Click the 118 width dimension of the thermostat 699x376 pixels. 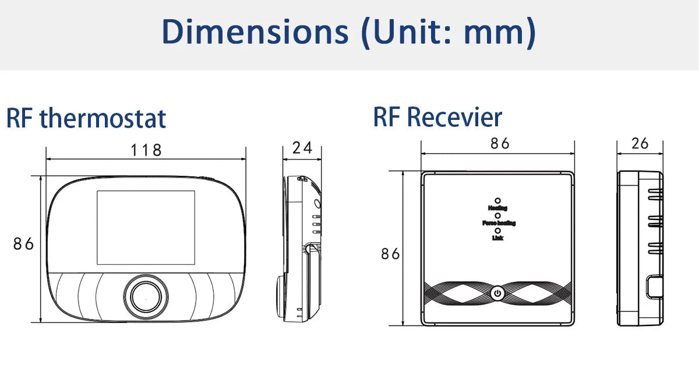click(146, 150)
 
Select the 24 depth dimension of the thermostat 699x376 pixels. click(302, 148)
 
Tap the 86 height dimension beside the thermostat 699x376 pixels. click(24, 244)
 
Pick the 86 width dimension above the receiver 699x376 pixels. click(500, 144)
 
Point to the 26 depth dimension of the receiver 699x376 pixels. click(640, 144)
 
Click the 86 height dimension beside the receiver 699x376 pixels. click(390, 254)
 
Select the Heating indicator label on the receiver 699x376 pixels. click(497, 208)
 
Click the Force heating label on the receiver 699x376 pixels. click(499, 223)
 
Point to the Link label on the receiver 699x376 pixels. click(497, 237)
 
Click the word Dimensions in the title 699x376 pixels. click(252, 33)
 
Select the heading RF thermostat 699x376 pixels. click(86, 118)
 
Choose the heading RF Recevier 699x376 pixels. click(437, 117)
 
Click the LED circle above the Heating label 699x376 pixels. click(497, 200)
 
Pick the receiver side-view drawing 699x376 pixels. click(640, 249)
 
